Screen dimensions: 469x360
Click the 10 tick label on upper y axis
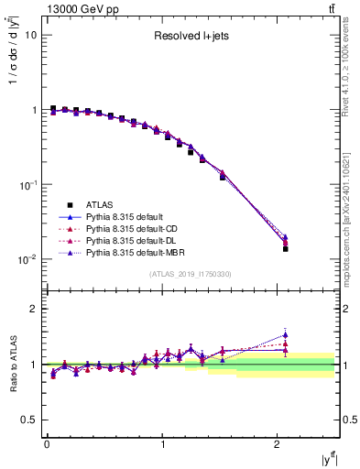coord(30,35)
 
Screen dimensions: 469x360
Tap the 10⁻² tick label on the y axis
coord(28,259)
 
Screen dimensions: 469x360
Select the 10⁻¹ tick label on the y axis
coord(28,185)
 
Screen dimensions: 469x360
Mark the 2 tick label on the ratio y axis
coord(33,309)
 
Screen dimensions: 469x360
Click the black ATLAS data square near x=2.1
coord(285,248)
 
